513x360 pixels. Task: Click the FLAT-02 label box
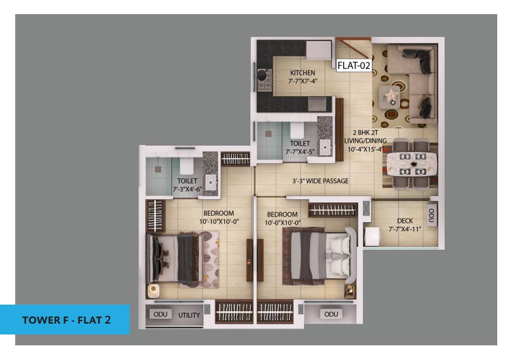[354, 65]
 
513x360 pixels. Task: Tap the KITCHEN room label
[302, 73]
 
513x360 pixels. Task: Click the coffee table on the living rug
[389, 97]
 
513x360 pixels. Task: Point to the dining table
[412, 164]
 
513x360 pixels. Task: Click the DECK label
[405, 221]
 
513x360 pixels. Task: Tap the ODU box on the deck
[432, 215]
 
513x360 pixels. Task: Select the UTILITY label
[189, 315]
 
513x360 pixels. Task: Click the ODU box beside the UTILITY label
[161, 314]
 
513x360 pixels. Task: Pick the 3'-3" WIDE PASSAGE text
[320, 181]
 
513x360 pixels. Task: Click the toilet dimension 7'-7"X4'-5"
[300, 152]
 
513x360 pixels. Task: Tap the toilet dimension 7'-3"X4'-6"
[187, 189]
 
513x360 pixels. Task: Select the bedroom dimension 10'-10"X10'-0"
[219, 222]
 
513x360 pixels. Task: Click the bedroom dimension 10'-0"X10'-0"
[283, 223]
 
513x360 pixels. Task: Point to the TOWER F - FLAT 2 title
[66, 320]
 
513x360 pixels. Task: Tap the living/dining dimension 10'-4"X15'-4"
[365, 149]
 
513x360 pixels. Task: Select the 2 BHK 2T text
[365, 132]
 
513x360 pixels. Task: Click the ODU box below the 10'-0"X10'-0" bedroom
[331, 314]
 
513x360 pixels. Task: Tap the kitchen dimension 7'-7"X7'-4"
[302, 81]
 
